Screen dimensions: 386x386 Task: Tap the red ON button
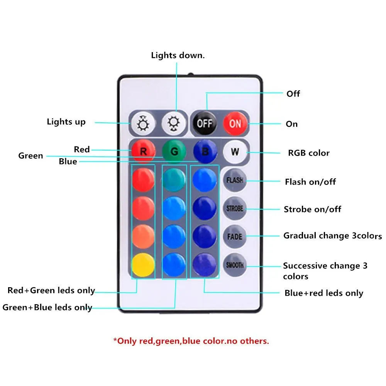click(x=235, y=124)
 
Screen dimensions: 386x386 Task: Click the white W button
click(x=235, y=152)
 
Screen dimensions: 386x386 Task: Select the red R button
click(x=143, y=151)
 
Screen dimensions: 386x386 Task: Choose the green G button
click(x=174, y=151)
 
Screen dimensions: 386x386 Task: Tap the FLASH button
click(x=235, y=180)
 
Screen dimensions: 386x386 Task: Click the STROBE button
click(x=235, y=209)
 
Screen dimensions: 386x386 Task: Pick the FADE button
click(x=235, y=236)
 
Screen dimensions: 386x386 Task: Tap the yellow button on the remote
click(x=143, y=264)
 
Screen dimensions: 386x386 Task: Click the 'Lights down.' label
click(x=178, y=55)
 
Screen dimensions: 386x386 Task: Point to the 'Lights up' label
click(x=66, y=122)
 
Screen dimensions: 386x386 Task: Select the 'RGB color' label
click(x=309, y=153)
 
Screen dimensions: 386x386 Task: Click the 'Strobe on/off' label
click(x=312, y=209)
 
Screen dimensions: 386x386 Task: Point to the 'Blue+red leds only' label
click(x=324, y=293)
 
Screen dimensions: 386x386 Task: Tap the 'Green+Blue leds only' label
click(x=47, y=307)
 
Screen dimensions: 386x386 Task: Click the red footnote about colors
click(x=191, y=341)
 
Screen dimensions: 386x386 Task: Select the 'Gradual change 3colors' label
click(x=332, y=235)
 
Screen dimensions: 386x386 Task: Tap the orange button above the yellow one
click(x=143, y=236)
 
